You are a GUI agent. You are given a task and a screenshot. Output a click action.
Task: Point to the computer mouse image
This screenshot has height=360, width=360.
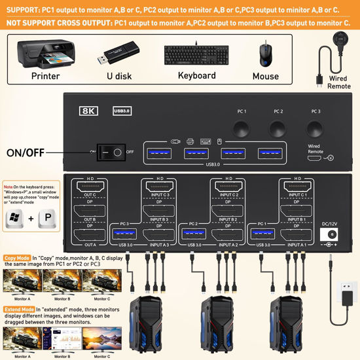tap(265, 53)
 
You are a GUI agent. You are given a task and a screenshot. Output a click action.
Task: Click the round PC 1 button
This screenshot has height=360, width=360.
tap(241, 126)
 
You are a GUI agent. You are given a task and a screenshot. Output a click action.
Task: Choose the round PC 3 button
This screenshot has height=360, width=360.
tap(315, 126)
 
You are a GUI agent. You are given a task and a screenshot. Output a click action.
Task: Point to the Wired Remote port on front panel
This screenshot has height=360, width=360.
tap(315, 158)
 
